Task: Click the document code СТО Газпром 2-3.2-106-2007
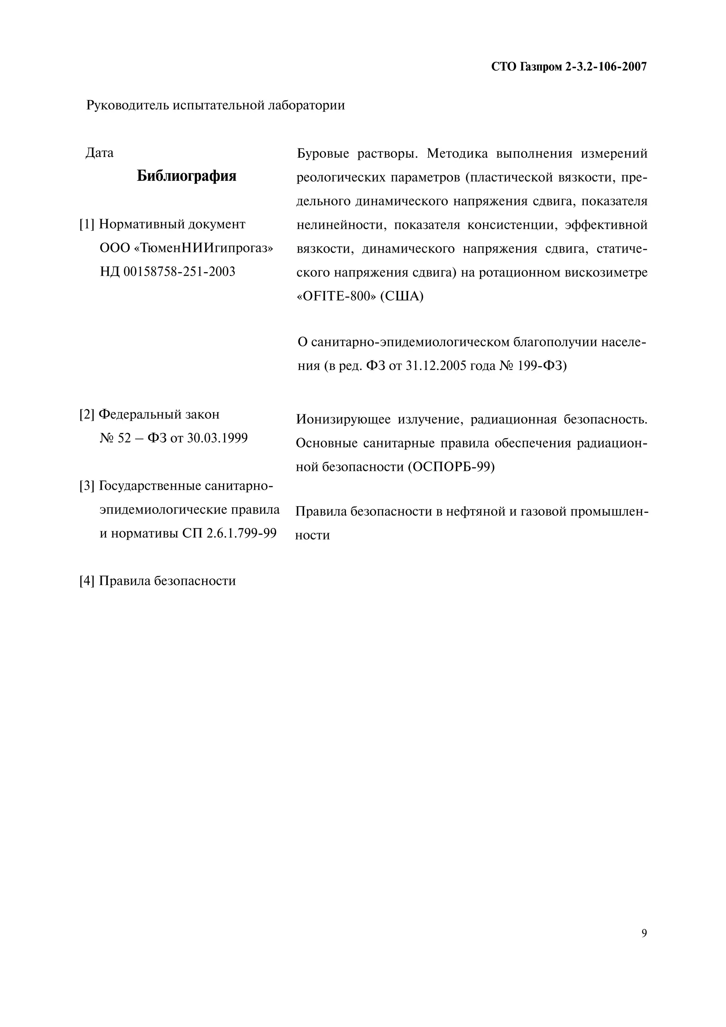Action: pyautogui.click(x=569, y=67)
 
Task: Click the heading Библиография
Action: pyautogui.click(x=186, y=176)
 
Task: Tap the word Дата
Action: pyautogui.click(x=99, y=153)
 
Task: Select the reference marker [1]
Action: pyautogui.click(x=87, y=224)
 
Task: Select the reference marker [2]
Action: pyautogui.click(x=87, y=414)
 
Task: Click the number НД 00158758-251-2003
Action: pyautogui.click(x=167, y=272)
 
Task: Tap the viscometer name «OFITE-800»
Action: pyautogui.click(x=336, y=296)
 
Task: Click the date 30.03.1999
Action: pyautogui.click(x=217, y=438)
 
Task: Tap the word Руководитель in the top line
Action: pyautogui.click(x=128, y=106)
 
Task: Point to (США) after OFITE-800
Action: pyautogui.click(x=402, y=296)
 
